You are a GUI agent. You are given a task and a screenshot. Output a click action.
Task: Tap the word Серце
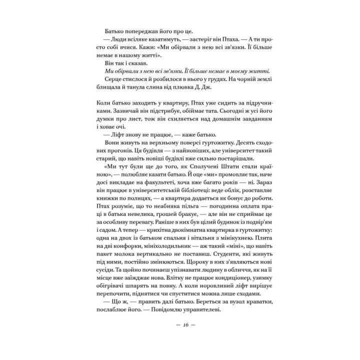click(116, 80)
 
